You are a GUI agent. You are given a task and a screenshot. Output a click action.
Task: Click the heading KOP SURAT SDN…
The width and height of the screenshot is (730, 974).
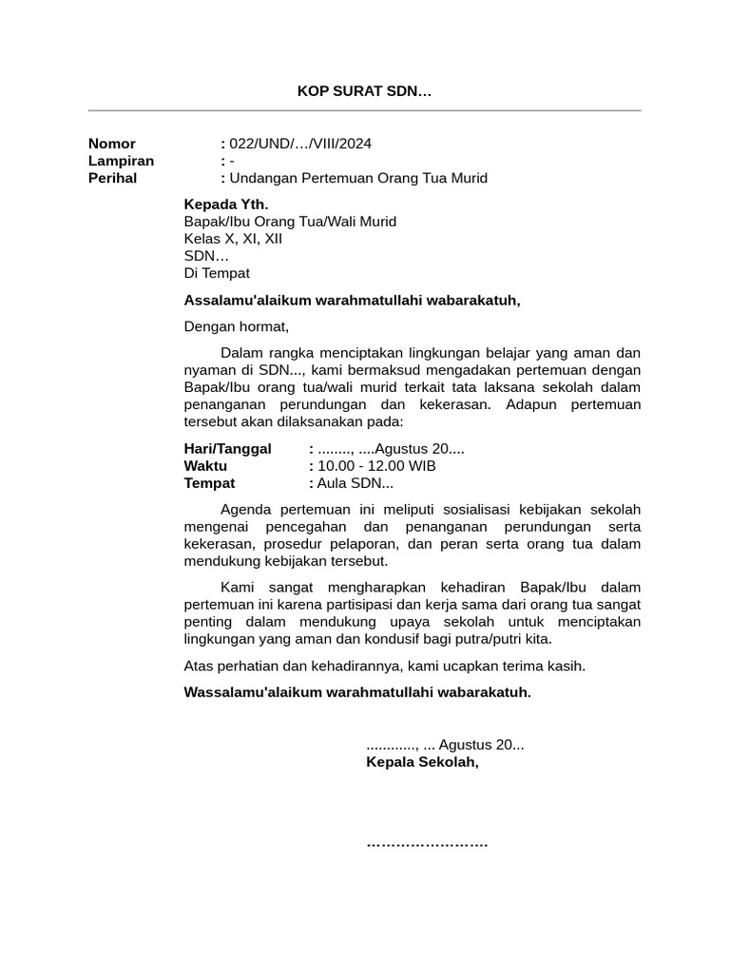364,92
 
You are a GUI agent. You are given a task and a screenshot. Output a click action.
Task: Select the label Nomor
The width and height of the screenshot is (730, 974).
112,144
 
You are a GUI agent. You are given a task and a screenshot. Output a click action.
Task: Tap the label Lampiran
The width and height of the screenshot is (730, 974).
121,161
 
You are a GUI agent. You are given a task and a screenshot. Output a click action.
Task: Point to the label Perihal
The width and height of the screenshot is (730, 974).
112,178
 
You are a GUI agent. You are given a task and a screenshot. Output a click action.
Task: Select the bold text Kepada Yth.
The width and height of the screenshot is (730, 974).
226,205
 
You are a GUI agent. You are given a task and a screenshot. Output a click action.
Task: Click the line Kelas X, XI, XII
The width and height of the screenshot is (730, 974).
233,239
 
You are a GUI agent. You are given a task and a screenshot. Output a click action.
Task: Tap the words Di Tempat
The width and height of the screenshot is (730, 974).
217,273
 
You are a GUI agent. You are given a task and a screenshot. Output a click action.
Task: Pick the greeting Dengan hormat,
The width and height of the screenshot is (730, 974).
236,327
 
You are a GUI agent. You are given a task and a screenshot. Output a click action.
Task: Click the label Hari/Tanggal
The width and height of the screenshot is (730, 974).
227,449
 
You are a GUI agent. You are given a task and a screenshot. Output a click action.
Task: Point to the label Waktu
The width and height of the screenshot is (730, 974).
205,466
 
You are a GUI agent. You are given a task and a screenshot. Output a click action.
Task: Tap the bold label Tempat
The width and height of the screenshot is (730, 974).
209,483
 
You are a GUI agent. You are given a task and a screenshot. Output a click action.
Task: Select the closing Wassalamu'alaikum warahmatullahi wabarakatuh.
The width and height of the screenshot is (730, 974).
357,692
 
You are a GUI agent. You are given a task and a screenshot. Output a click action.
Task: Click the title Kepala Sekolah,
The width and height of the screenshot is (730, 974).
422,762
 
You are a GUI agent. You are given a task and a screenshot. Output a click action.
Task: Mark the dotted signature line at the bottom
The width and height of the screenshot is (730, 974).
427,844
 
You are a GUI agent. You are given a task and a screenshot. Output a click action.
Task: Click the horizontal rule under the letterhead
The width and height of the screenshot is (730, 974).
365,111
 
